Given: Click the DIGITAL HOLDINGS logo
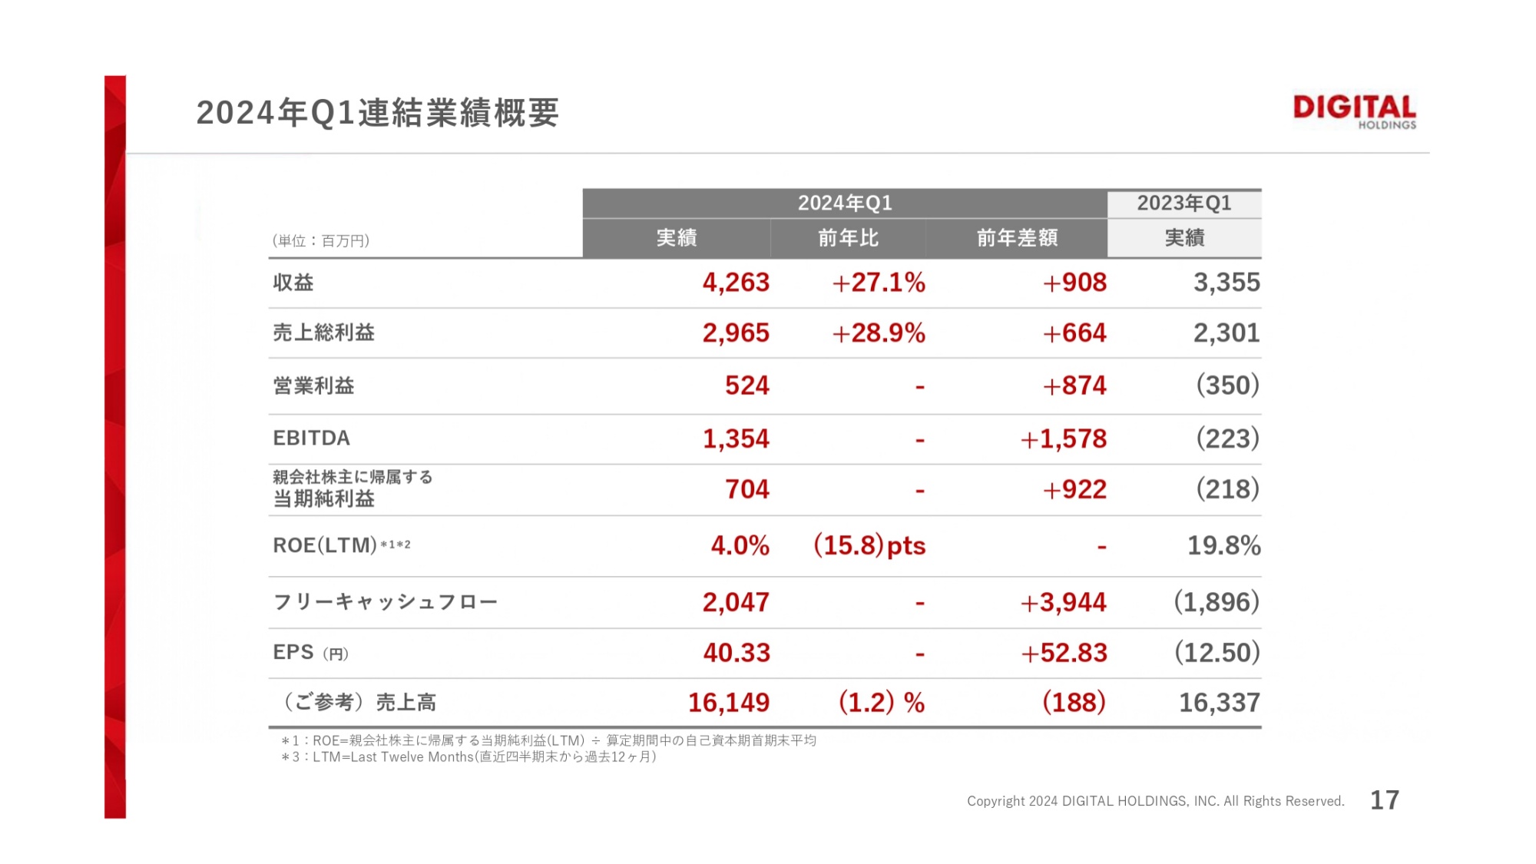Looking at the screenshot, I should [1354, 112].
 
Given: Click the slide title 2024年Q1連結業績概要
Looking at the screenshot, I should [377, 113].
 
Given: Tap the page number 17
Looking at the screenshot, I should [1385, 800].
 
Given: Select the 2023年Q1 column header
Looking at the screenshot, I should [1183, 204].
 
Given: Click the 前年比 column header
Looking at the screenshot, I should [848, 238].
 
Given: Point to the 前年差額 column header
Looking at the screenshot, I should [1017, 238].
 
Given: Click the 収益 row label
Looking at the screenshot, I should [293, 283].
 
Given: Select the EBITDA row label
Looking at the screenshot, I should [311, 438].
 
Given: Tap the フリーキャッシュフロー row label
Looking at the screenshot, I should [385, 602].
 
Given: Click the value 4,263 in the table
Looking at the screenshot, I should [736, 283].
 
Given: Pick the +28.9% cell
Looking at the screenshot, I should [879, 333].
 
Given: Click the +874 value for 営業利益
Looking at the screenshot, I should [1074, 386].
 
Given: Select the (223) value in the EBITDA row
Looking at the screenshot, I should [1227, 439].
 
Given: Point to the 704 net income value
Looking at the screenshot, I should [746, 489].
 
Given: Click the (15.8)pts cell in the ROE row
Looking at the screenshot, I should [869, 545].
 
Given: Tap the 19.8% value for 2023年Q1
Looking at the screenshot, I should [1223, 545].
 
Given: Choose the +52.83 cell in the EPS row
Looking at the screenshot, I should [1064, 653].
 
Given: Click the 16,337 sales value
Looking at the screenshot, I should [1219, 703].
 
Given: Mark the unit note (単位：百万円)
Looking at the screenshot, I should [321, 241].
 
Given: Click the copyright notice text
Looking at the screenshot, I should [1155, 801].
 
